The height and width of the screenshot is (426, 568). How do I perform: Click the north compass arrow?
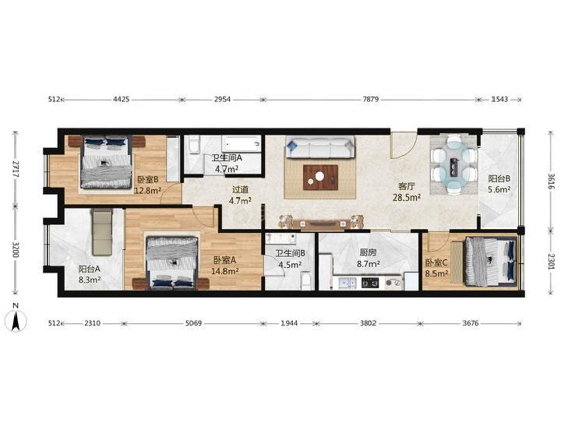(16, 322)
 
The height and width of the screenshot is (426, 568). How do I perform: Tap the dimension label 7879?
(371, 99)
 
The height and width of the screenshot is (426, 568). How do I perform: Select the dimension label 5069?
(193, 323)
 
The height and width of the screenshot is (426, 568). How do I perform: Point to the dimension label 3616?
(551, 182)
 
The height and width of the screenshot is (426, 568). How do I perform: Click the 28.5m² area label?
(407, 197)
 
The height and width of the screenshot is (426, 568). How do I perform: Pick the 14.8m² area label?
(224, 271)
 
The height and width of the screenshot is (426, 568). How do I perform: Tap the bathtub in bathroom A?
(242, 144)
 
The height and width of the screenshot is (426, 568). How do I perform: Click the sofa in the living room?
(320, 147)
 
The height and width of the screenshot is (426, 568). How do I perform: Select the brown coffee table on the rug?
(320, 178)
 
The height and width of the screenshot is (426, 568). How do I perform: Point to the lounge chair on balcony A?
(103, 232)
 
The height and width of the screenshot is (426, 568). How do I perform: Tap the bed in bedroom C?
(490, 260)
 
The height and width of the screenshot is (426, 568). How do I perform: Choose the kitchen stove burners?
(370, 282)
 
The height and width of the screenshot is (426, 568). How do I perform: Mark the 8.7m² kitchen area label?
(368, 264)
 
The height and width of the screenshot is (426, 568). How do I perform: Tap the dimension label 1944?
(289, 323)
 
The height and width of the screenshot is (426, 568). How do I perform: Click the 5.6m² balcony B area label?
(499, 189)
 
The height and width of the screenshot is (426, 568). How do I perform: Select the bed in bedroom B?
(106, 163)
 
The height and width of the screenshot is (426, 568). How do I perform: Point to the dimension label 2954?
(222, 99)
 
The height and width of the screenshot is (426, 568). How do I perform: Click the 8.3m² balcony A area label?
(90, 280)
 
